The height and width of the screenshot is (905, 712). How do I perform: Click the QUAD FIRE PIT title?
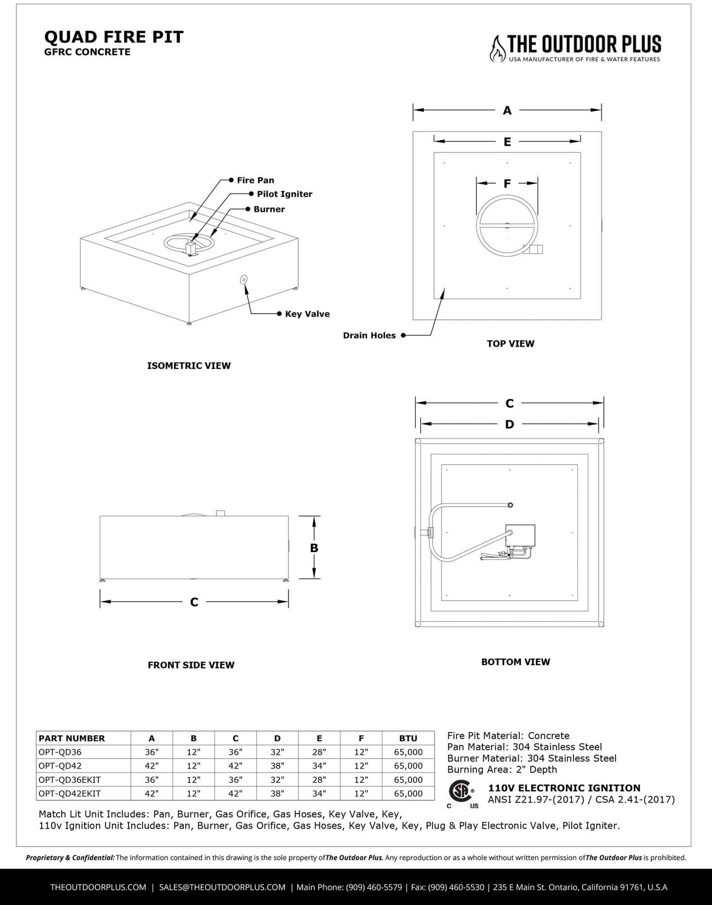click(x=114, y=37)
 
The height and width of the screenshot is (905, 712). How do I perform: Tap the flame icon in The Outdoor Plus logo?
click(x=497, y=48)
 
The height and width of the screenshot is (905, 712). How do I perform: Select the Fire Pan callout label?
click(x=255, y=180)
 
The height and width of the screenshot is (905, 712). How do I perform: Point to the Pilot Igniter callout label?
click(x=284, y=194)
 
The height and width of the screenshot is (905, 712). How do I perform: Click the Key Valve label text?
click(x=307, y=314)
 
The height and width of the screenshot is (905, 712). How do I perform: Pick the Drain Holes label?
click(x=369, y=335)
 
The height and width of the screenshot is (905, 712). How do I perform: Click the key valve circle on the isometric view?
click(x=243, y=280)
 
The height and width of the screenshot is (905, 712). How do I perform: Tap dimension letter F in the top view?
click(x=507, y=184)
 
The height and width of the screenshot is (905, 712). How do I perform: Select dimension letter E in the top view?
click(x=507, y=142)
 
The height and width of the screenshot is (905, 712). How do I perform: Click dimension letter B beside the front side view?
click(x=314, y=548)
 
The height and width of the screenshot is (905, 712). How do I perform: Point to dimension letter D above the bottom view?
click(x=509, y=424)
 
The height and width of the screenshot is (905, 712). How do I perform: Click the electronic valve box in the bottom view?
click(x=520, y=536)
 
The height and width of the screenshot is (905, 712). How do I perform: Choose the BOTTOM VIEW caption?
click(x=515, y=662)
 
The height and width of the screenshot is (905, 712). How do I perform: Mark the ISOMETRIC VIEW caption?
click(x=189, y=366)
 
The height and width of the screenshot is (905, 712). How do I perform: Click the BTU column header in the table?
click(x=408, y=739)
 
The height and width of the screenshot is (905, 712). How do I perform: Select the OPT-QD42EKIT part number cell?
click(x=69, y=794)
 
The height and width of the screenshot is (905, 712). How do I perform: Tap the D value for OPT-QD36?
click(x=277, y=752)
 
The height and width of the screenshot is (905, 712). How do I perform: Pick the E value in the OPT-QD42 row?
click(x=319, y=766)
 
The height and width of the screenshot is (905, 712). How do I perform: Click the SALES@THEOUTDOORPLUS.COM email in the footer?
click(x=222, y=887)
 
